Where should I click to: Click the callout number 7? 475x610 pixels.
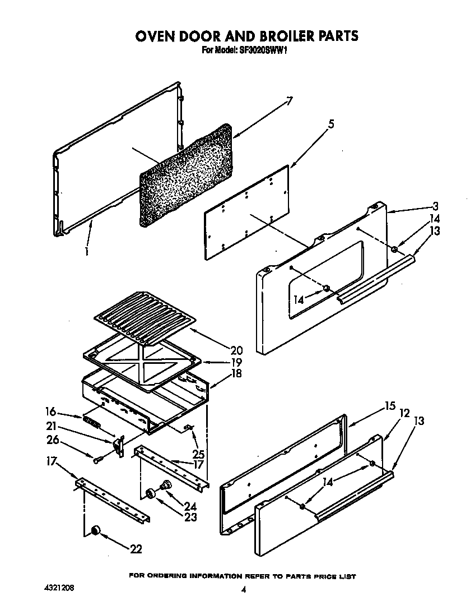pyautogui.click(x=289, y=101)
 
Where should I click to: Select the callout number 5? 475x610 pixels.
pyautogui.click(x=331, y=125)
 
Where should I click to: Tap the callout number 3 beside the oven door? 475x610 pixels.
pyautogui.click(x=435, y=206)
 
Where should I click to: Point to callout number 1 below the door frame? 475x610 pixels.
pyautogui.click(x=87, y=252)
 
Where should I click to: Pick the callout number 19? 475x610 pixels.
pyautogui.click(x=238, y=362)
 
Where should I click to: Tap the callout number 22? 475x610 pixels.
pyautogui.click(x=135, y=549)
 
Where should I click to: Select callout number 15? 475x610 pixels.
pyautogui.click(x=390, y=406)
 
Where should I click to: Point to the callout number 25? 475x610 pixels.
pyautogui.click(x=198, y=454)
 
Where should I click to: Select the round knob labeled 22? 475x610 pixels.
pyautogui.click(x=96, y=530)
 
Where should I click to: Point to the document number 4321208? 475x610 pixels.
pyautogui.click(x=58, y=588)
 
